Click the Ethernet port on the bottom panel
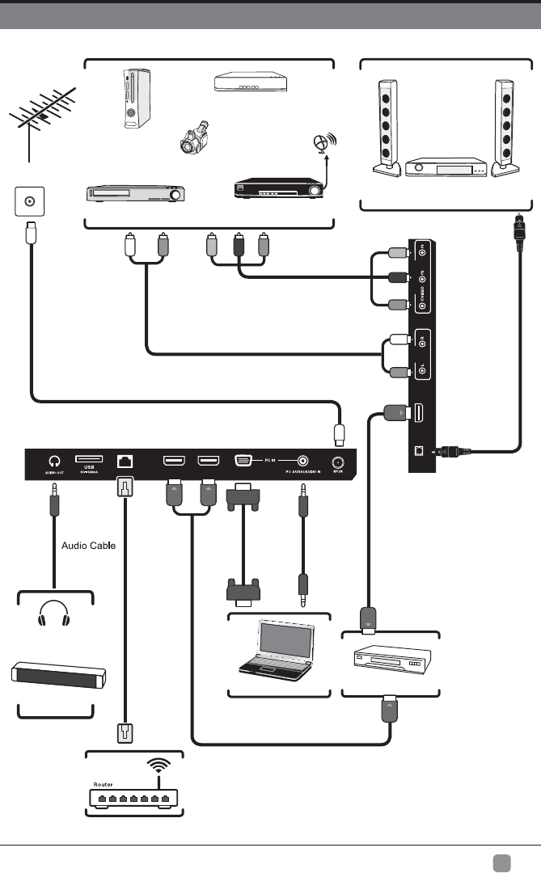(x=125, y=461)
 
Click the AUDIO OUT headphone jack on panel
(x=53, y=461)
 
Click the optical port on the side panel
(x=418, y=451)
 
